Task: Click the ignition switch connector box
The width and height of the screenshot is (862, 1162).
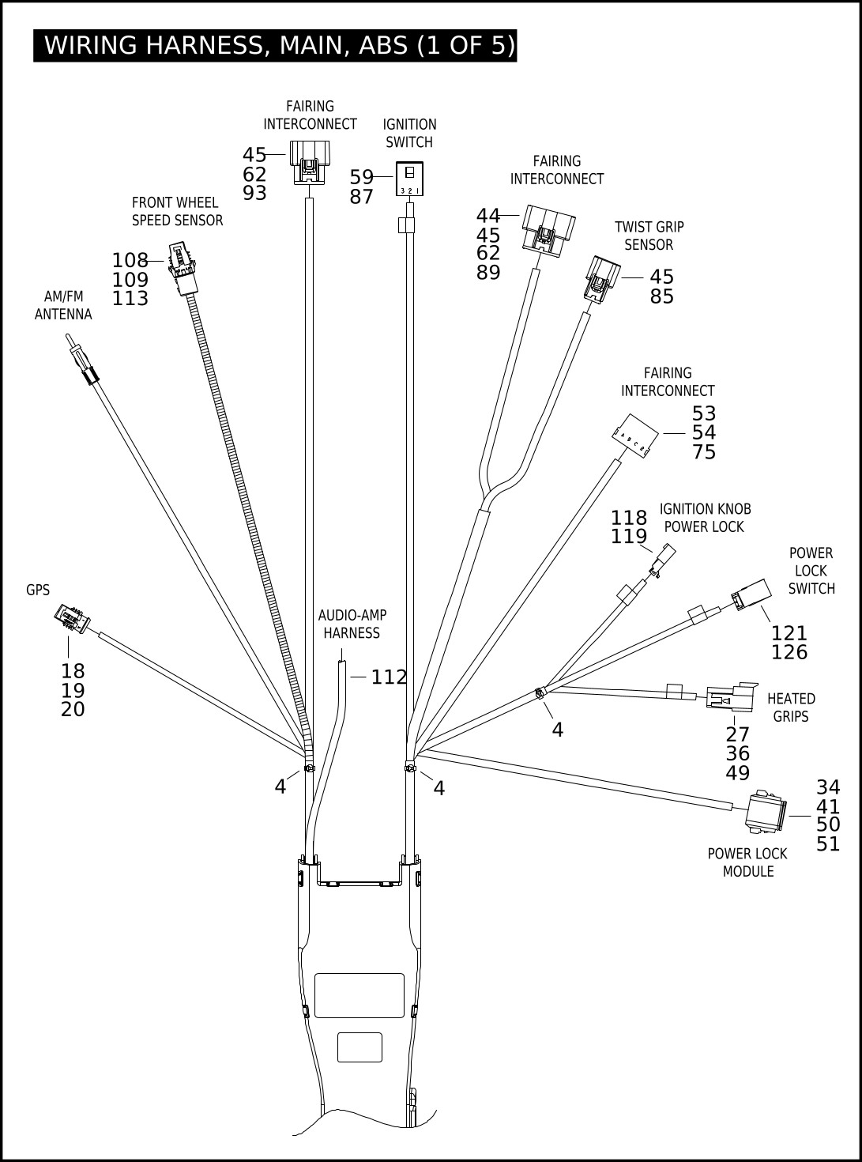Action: click(409, 179)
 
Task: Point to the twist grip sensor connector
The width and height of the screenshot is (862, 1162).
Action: click(602, 278)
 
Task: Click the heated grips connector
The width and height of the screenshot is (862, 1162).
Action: click(731, 697)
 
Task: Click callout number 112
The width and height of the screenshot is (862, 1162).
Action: click(389, 677)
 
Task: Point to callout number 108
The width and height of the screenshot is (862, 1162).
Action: click(130, 261)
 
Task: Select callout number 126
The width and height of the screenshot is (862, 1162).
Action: click(789, 653)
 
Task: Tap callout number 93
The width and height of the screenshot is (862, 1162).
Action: click(254, 194)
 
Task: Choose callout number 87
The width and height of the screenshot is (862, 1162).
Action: click(361, 198)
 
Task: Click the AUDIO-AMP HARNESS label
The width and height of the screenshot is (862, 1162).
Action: click(352, 624)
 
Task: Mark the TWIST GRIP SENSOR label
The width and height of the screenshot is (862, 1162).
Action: click(649, 236)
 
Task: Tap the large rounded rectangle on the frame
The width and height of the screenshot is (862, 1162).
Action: click(359, 995)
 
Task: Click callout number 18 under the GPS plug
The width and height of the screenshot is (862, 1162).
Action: click(73, 671)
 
